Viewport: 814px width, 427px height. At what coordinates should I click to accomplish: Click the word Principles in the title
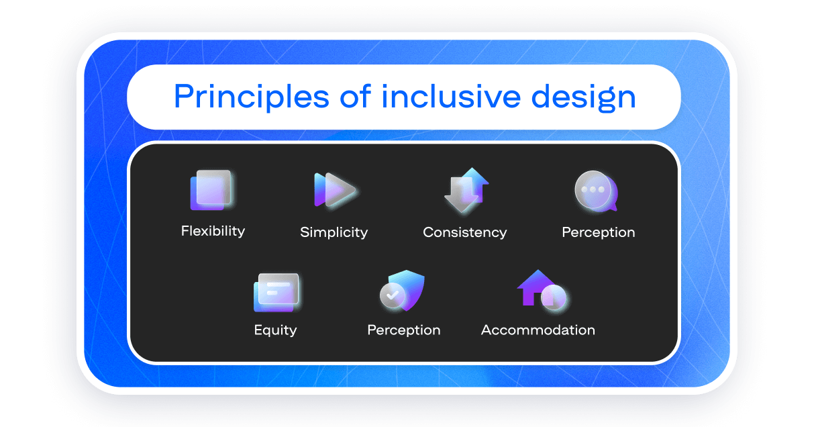(252, 97)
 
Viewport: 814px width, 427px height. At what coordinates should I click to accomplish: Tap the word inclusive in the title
(452, 97)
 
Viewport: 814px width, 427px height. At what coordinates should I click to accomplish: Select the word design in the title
(584, 97)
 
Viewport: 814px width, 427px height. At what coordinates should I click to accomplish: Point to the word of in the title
(356, 97)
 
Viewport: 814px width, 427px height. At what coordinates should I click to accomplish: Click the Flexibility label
(213, 231)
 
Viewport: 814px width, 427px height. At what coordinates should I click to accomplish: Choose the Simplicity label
(334, 232)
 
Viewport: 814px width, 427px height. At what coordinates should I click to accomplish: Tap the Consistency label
(465, 232)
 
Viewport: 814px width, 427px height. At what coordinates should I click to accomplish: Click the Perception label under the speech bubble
(599, 232)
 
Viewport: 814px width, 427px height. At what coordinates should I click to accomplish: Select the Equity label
(275, 330)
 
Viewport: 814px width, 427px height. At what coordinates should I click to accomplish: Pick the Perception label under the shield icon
(404, 330)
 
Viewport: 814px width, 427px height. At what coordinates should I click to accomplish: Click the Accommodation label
(538, 330)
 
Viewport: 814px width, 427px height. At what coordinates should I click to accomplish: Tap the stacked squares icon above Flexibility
(212, 190)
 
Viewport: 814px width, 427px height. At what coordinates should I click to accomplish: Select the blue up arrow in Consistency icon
(475, 185)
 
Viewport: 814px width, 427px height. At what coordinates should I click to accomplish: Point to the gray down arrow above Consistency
(459, 195)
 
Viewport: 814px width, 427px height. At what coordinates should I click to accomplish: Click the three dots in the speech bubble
(593, 189)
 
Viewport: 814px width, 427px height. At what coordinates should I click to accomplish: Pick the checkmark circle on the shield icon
(393, 295)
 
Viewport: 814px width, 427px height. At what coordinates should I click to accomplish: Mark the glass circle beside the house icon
(554, 297)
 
